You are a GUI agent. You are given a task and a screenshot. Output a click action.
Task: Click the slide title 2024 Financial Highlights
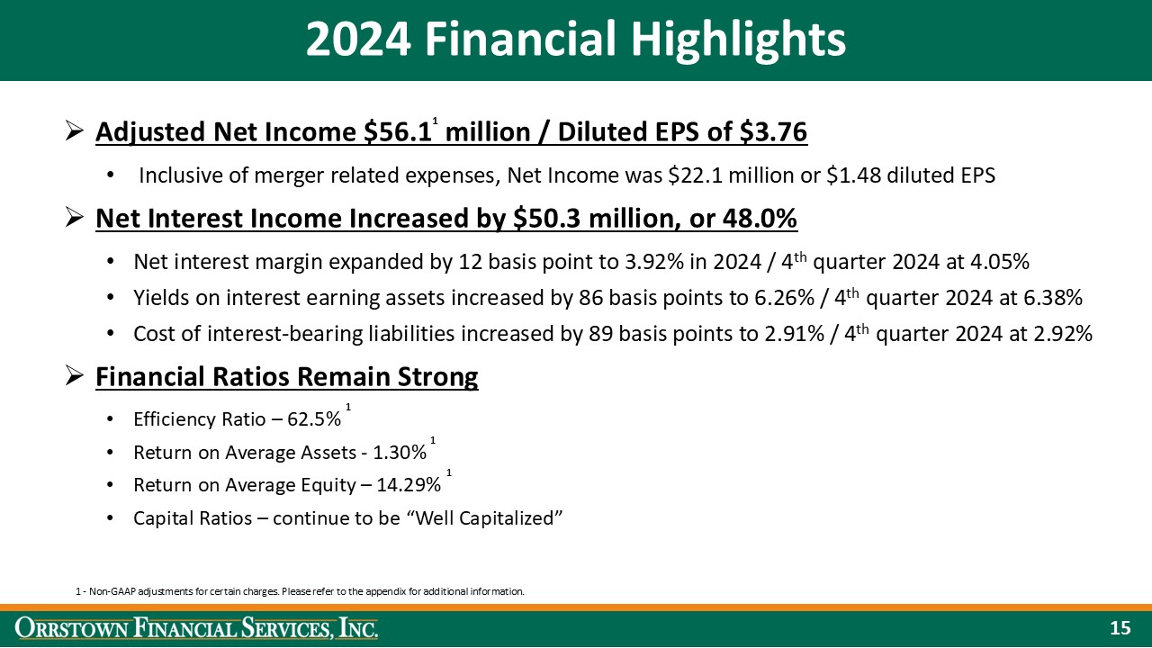click(575, 40)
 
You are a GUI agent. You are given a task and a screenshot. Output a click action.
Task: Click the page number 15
click(1120, 628)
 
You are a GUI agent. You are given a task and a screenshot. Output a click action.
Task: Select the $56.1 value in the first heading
click(397, 133)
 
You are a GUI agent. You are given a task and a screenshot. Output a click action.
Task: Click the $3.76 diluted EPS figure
click(773, 133)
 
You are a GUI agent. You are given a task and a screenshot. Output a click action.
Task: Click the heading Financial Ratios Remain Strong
click(286, 377)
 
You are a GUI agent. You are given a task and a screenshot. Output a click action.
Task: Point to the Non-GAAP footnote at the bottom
click(300, 591)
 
